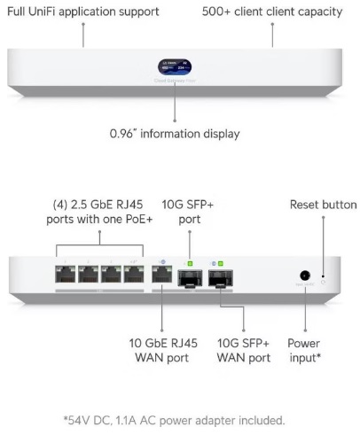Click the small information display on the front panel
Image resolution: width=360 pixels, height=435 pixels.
pyautogui.click(x=175, y=66)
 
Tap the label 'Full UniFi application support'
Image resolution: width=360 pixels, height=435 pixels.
pyautogui.click(x=83, y=12)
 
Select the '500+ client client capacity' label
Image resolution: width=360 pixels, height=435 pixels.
pyautogui.click(x=272, y=12)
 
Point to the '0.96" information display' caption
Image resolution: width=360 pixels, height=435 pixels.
pyautogui.click(x=175, y=134)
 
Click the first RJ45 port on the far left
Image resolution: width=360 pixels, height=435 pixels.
pyautogui.click(x=65, y=274)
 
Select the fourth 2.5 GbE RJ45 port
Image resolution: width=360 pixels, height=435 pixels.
pyautogui.click(x=134, y=274)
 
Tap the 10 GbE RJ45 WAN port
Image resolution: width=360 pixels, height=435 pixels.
pyautogui.click(x=162, y=274)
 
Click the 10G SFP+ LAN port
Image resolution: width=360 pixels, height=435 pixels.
pyautogui.click(x=190, y=278)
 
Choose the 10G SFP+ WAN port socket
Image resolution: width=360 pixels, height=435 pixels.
pyautogui.click(x=221, y=278)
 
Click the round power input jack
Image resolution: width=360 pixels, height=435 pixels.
pyautogui.click(x=305, y=276)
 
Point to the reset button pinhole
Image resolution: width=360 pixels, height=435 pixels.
pyautogui.click(x=324, y=282)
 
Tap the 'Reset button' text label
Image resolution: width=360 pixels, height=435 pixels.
pyautogui.click(x=324, y=205)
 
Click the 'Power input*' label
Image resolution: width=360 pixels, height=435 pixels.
pyautogui.click(x=304, y=351)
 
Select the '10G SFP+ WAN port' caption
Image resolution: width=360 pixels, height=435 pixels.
pyautogui.click(x=244, y=351)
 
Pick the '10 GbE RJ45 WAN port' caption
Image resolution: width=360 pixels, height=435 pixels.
pyautogui.click(x=163, y=351)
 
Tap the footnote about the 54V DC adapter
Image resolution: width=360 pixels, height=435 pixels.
pyautogui.click(x=175, y=420)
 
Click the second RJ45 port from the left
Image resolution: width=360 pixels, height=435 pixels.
pyautogui.click(x=88, y=274)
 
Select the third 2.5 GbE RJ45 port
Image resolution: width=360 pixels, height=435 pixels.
pyautogui.click(x=111, y=274)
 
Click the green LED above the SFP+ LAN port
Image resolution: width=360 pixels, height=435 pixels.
pyautogui.click(x=190, y=263)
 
